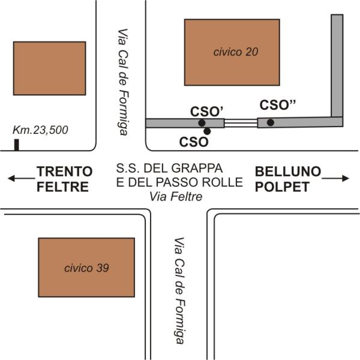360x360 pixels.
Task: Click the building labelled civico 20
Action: [232, 52]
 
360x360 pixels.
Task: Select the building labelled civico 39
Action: [86, 268]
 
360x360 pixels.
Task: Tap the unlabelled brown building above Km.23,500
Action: [50, 68]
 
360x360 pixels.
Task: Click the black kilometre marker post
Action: [17, 145]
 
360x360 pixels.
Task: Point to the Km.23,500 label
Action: [40, 130]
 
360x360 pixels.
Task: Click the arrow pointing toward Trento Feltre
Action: [21, 178]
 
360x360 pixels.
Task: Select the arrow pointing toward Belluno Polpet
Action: [335, 178]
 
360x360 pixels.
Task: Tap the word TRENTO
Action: [65, 172]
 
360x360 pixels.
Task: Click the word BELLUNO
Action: [288, 172]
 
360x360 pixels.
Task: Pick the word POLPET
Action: [282, 187]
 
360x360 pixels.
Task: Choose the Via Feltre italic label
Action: [176, 197]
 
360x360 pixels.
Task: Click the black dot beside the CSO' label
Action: [202, 123]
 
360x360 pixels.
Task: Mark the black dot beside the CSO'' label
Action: [271, 122]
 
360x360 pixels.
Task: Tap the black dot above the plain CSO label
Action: [207, 131]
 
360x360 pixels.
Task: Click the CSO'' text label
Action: [277, 105]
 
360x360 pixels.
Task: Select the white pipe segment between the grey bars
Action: [241, 123]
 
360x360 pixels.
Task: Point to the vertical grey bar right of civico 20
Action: [337, 65]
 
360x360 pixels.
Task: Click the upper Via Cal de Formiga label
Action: [123, 82]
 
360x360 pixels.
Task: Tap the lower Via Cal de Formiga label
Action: [179, 290]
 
